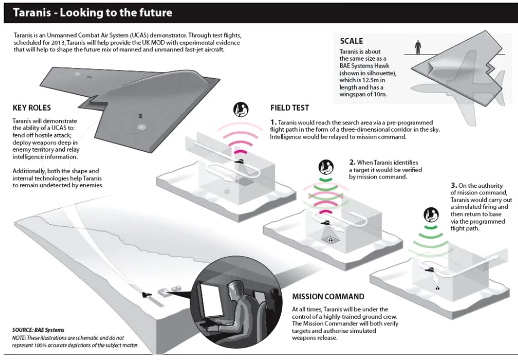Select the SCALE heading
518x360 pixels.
(351, 41)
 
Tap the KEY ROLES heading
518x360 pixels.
(31, 109)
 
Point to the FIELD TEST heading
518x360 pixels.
(290, 108)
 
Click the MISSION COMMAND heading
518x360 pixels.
(328, 297)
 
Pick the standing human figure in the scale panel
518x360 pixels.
(418, 47)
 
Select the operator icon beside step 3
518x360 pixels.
(429, 214)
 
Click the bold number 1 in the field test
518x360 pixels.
(273, 122)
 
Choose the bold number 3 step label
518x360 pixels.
(453, 185)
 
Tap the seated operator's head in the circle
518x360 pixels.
(233, 289)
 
